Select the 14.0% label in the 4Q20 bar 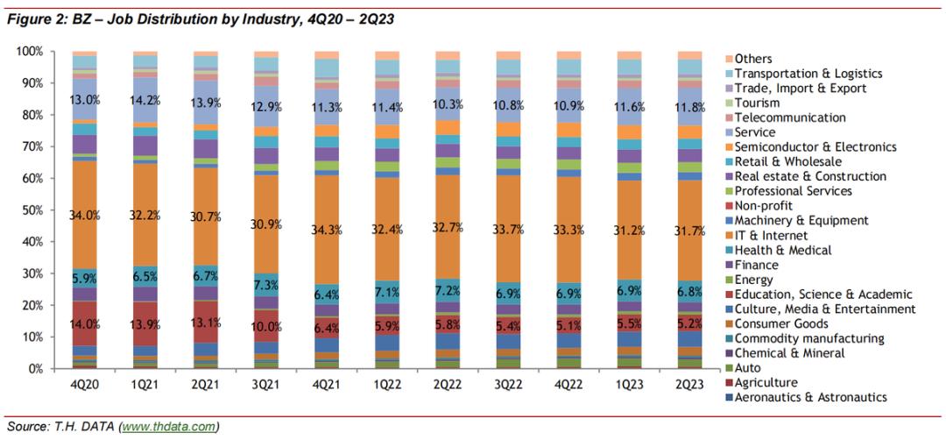point(84,323)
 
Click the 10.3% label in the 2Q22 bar point(448,104)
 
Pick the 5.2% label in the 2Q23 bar point(689,323)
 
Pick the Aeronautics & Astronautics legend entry point(811,397)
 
